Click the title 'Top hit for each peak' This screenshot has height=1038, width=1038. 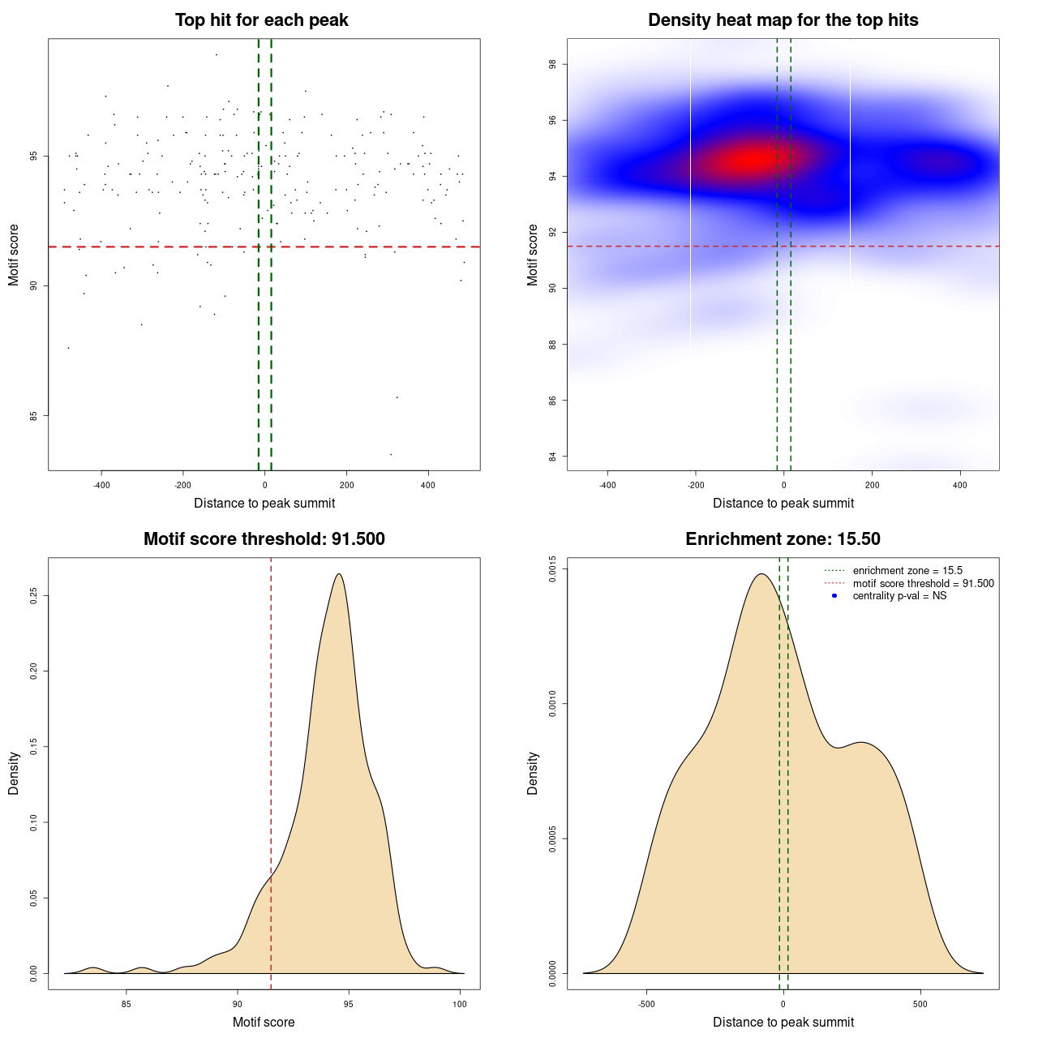(x=261, y=20)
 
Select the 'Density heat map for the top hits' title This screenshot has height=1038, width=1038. (x=783, y=20)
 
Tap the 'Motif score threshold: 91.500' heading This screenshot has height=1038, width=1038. (x=264, y=539)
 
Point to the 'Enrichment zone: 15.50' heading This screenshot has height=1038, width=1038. (x=783, y=539)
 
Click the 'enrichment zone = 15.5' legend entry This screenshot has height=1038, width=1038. (x=907, y=571)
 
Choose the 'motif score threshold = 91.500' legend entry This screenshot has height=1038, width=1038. (x=923, y=584)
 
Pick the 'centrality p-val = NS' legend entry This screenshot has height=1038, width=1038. (x=899, y=596)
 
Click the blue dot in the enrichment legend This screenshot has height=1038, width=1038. (x=834, y=596)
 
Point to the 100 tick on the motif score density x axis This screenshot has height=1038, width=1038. (x=460, y=1004)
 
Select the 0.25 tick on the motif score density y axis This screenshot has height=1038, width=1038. (x=34, y=596)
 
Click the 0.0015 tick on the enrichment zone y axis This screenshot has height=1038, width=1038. (x=553, y=569)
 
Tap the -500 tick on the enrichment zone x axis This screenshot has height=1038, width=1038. (x=646, y=1004)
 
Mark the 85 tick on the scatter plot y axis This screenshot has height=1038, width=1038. (x=34, y=416)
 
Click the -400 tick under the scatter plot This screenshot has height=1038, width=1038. (x=101, y=485)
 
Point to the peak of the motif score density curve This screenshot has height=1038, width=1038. (x=339, y=574)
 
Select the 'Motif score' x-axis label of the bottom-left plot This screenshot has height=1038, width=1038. (x=264, y=1022)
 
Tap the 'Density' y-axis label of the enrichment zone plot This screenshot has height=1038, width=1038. (x=533, y=773)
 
